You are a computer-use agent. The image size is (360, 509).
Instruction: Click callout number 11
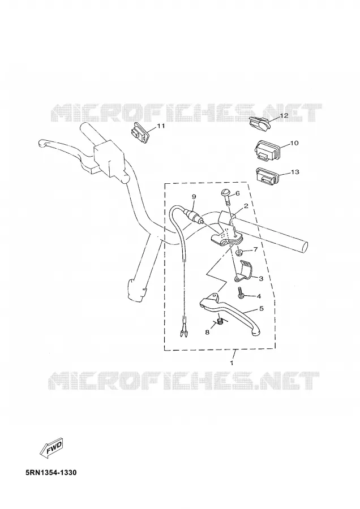(161, 126)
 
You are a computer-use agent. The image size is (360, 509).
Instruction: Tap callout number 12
(284, 115)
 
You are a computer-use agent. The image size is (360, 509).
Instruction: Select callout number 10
(294, 143)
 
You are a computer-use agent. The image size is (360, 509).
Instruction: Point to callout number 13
(295, 172)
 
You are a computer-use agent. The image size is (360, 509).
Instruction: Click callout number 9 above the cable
(194, 196)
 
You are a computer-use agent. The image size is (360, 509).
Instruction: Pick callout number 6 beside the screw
(238, 193)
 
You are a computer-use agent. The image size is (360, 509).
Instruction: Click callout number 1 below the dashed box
(232, 363)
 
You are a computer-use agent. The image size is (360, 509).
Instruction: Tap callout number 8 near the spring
(207, 332)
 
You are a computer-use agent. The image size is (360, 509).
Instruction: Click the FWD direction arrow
(52, 448)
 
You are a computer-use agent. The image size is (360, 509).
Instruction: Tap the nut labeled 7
(239, 252)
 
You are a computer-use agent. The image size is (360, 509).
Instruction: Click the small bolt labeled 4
(241, 293)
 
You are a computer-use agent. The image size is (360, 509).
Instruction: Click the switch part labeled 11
(140, 132)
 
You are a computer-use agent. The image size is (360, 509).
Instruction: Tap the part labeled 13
(267, 176)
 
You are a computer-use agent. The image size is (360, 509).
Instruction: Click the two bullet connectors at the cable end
(184, 330)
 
